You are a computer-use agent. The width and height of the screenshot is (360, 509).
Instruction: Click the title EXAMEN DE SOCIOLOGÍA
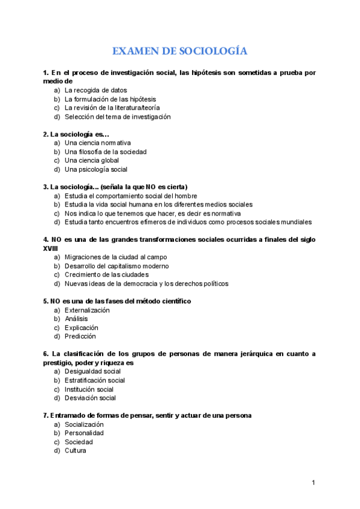180,51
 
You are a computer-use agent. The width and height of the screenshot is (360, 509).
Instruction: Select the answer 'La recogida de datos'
96,90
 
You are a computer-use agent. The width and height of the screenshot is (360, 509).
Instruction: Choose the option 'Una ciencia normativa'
98,143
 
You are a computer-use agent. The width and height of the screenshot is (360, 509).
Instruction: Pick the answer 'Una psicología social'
96,169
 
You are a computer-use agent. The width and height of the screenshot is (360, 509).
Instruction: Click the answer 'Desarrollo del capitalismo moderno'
117,266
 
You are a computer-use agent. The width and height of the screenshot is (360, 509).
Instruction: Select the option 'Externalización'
87,310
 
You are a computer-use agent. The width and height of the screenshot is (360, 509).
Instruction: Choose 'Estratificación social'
95,380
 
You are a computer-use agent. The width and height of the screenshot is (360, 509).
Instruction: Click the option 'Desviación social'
91,397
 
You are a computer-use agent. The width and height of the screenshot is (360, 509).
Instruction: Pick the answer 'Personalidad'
84,433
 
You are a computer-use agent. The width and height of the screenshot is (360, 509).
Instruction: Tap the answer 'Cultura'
76,450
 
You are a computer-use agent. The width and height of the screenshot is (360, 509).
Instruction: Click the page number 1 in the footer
313,483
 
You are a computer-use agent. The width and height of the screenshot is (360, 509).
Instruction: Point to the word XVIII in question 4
51,248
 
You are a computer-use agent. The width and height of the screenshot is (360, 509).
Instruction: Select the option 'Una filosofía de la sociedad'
106,152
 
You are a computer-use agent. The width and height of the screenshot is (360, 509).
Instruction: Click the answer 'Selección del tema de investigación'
118,116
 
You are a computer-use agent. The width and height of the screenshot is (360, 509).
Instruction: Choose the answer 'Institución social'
89,389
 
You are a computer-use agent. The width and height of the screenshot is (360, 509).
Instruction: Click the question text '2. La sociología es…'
76,134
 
